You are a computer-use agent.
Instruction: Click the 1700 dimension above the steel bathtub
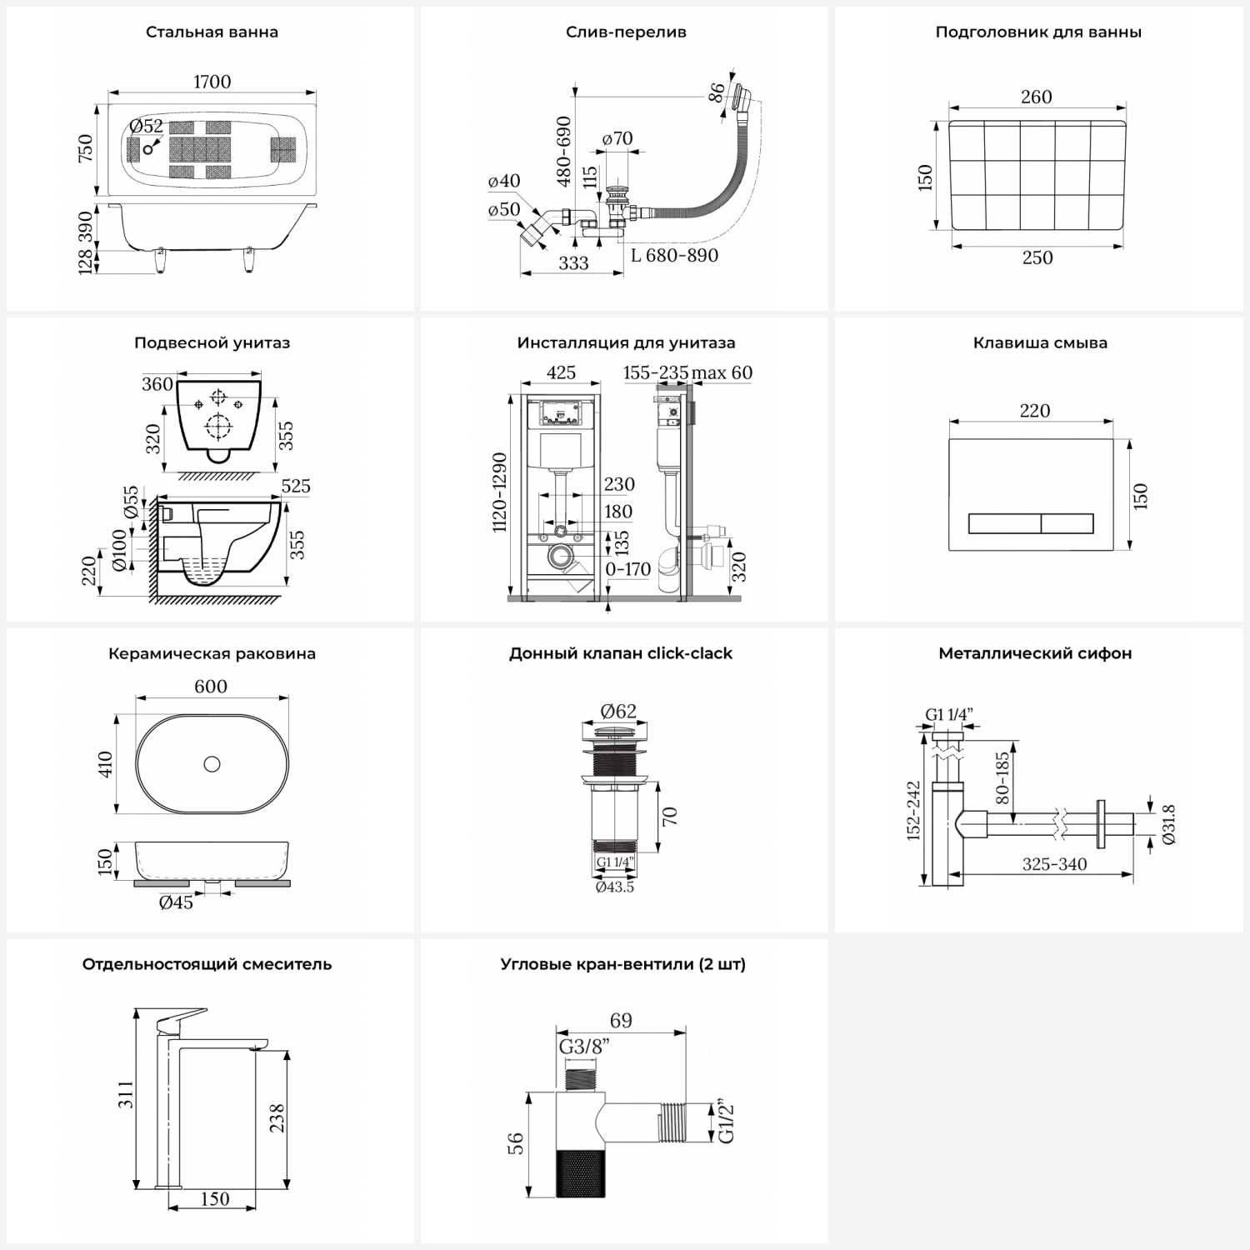(x=212, y=82)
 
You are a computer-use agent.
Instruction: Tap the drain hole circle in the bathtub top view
(x=148, y=149)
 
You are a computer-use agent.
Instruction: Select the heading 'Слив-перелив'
(x=626, y=32)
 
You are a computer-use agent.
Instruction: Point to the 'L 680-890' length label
(x=674, y=256)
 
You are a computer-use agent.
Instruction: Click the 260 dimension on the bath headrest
(x=1036, y=97)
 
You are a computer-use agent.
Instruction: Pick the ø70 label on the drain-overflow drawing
(x=617, y=138)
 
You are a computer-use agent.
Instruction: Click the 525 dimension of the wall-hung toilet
(x=296, y=486)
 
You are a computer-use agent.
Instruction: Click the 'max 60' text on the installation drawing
(x=722, y=372)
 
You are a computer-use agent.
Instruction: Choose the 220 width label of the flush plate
(x=1034, y=411)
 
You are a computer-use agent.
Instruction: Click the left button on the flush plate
(x=1004, y=524)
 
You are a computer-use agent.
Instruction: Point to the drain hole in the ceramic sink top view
(x=212, y=763)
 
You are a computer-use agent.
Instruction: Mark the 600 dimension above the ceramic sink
(x=211, y=687)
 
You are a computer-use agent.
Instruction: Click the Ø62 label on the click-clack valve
(x=618, y=711)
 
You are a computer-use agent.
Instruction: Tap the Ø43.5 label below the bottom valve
(x=615, y=887)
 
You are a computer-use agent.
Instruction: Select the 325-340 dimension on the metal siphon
(x=1054, y=864)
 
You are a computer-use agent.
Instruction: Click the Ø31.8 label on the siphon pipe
(x=1168, y=825)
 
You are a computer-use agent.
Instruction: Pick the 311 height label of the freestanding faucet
(x=125, y=1094)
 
